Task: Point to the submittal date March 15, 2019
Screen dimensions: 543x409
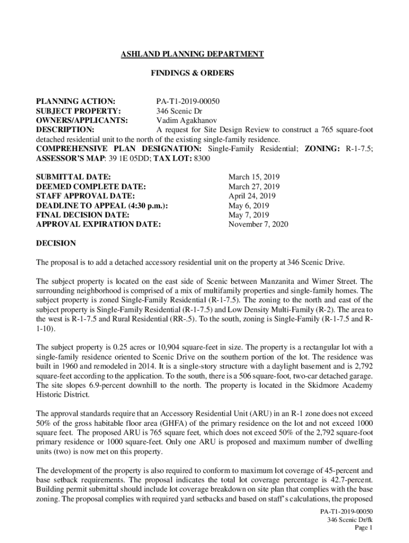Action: pyautogui.click(x=254, y=177)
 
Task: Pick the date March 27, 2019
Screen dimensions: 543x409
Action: pyautogui.click(x=254, y=186)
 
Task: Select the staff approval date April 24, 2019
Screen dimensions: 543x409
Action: pyautogui.click(x=252, y=196)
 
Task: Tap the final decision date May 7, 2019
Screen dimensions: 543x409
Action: pyautogui.click(x=249, y=215)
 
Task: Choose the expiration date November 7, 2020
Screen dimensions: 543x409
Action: pyautogui.click(x=258, y=224)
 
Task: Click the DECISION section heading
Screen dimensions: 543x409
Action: pyautogui.click(x=56, y=243)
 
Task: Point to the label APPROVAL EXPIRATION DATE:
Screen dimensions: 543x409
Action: pyautogui.click(x=98, y=224)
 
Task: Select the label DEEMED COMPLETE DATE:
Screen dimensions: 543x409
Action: pyautogui.click(x=91, y=186)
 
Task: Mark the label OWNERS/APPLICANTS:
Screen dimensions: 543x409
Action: pyautogui.click(x=82, y=120)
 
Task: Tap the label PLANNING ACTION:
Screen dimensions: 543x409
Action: pyautogui.click(x=76, y=101)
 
